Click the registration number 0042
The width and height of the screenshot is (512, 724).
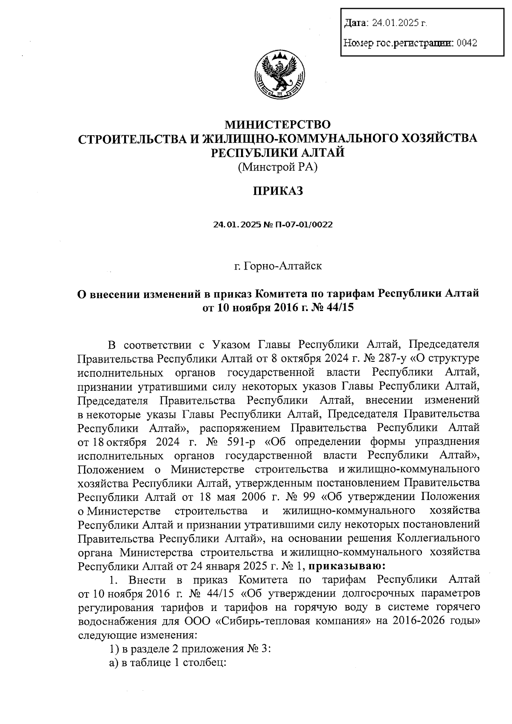[466, 43]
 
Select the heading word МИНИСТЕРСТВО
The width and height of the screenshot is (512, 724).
[278, 125]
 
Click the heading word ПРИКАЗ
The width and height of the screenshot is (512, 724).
[278, 191]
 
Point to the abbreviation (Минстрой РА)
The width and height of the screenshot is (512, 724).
[278, 167]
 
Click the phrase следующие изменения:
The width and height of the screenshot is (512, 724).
[137, 635]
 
